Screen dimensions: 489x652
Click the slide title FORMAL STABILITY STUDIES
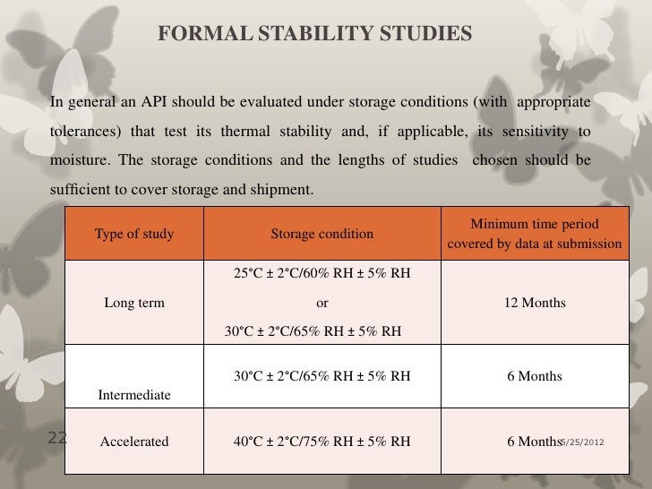click(314, 35)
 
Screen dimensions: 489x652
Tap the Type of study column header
click(134, 234)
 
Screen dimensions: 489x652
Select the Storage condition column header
click(322, 234)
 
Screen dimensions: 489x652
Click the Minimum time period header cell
click(534, 234)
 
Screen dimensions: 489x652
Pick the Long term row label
click(134, 303)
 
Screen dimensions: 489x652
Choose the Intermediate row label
click(134, 394)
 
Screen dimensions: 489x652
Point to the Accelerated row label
click(134, 442)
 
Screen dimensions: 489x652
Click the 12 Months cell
click(534, 303)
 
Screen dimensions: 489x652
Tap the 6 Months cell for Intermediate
click(534, 376)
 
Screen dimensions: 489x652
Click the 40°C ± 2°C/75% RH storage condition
click(322, 442)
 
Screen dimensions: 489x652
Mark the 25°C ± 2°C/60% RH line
click(322, 273)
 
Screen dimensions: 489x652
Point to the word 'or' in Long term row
click(322, 303)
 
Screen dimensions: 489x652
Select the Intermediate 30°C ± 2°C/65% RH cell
click(322, 376)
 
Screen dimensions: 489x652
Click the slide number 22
click(57, 438)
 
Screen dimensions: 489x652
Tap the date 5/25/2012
click(582, 442)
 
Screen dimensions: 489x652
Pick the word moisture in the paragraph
click(75, 161)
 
